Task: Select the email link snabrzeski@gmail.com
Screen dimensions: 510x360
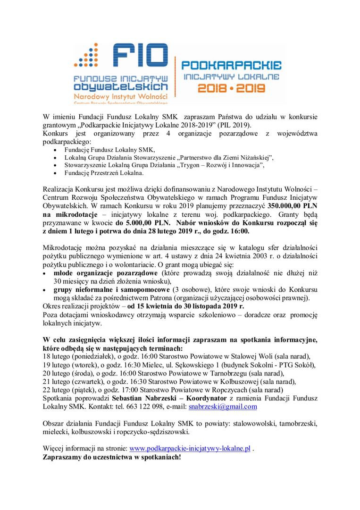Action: coord(223,406)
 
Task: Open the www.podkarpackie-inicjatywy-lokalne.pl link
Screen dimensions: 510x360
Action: coord(190,449)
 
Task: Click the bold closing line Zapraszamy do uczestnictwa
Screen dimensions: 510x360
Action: coord(111,458)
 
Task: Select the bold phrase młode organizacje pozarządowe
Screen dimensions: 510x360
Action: coord(105,273)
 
